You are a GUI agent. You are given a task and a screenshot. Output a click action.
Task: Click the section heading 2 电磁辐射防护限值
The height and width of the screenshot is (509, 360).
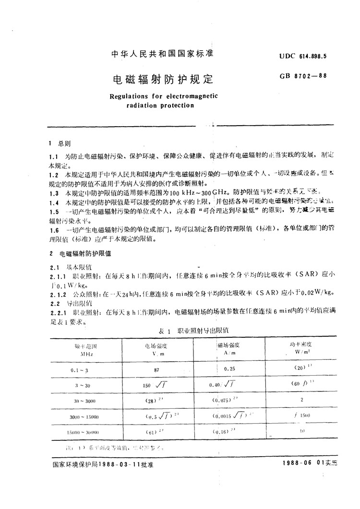point(79,253)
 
